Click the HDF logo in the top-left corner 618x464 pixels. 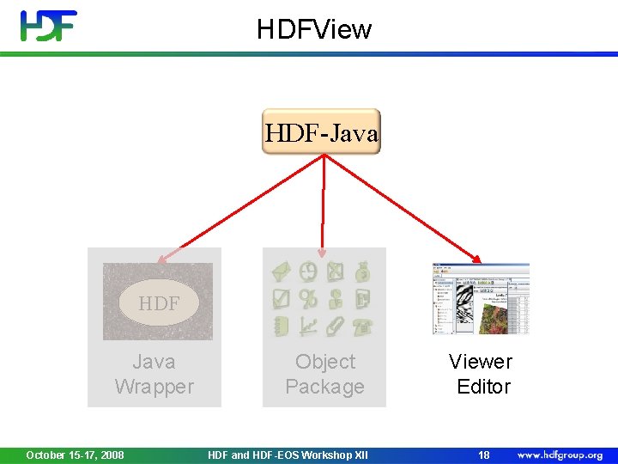[x=49, y=26]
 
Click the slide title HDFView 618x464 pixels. [x=314, y=29]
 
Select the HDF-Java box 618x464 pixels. [x=321, y=132]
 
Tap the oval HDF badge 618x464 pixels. [x=158, y=302]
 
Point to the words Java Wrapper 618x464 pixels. [x=154, y=375]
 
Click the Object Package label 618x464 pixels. [x=324, y=375]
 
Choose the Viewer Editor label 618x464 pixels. [x=481, y=375]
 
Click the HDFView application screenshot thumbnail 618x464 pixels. [x=481, y=298]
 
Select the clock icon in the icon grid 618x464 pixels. [x=308, y=272]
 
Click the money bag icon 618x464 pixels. [x=363, y=272]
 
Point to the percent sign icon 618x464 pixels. [x=308, y=299]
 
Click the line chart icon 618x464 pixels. [x=308, y=326]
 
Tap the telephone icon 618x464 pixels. [x=363, y=326]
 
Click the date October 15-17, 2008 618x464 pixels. [x=75, y=455]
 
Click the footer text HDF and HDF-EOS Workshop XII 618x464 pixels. [x=288, y=455]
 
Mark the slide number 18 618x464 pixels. [x=484, y=455]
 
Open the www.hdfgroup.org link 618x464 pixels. [x=560, y=455]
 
